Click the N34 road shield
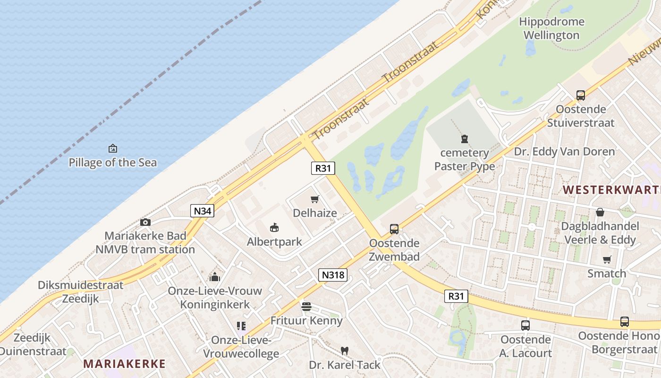pyautogui.click(x=203, y=211)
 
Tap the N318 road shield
pyautogui.click(x=333, y=275)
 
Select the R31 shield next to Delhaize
pyautogui.click(x=323, y=168)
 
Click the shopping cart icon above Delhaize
pyautogui.click(x=315, y=199)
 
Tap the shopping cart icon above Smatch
pyautogui.click(x=607, y=259)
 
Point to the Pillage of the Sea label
pyautogui.click(x=112, y=163)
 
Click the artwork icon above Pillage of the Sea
pyautogui.click(x=112, y=148)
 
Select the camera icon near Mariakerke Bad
pyautogui.click(x=145, y=222)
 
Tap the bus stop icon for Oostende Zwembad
pyautogui.click(x=394, y=229)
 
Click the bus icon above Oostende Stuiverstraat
pyautogui.click(x=581, y=95)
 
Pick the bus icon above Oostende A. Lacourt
pyautogui.click(x=525, y=325)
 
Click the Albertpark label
pyautogui.click(x=274, y=242)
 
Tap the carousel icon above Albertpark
pyautogui.click(x=274, y=228)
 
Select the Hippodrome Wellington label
pyautogui.click(x=551, y=28)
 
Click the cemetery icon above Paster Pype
pyautogui.click(x=465, y=139)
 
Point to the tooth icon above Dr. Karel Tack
pyautogui.click(x=345, y=351)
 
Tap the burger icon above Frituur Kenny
pyautogui.click(x=306, y=307)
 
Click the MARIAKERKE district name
pyautogui.click(x=124, y=364)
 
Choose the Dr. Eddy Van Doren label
pyautogui.click(x=564, y=152)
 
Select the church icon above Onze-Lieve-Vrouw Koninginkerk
pyautogui.click(x=215, y=276)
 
